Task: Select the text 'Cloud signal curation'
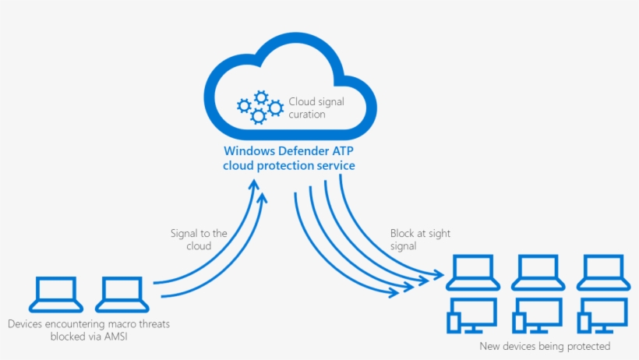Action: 316,108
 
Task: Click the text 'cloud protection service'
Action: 289,165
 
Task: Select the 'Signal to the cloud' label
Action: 199,239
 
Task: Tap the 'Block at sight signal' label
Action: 420,239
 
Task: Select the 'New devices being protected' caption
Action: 545,345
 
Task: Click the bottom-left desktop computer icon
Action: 471,316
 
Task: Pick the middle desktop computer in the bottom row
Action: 537,316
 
